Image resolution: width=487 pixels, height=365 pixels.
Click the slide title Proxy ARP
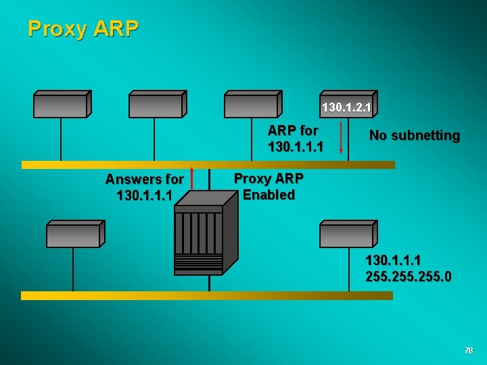tap(83, 28)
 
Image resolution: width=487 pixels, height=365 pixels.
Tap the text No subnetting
tap(414, 136)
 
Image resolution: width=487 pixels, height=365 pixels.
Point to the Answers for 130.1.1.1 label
tap(144, 187)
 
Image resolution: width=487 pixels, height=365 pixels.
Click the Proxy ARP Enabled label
tap(269, 187)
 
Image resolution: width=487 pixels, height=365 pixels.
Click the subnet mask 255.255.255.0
tap(409, 276)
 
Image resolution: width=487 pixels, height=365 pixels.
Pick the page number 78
tap(469, 351)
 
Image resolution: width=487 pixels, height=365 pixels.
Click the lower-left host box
tap(74, 234)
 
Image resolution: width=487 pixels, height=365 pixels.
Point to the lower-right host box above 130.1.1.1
tap(348, 234)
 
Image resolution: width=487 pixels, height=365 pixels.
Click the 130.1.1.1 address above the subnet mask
tap(393, 260)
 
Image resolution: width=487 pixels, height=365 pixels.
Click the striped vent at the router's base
tap(198, 264)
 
